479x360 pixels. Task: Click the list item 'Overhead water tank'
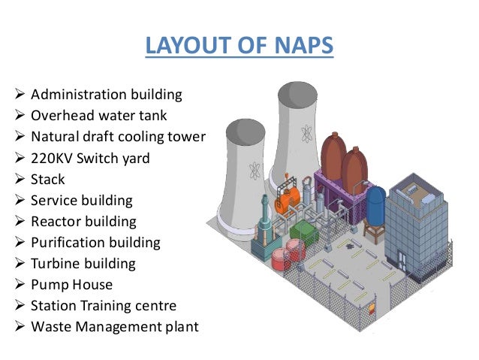[98, 116]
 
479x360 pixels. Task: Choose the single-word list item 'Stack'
[48, 180]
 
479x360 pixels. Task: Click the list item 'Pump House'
[71, 285]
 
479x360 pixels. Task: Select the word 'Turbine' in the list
[55, 264]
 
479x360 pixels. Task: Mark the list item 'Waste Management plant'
[114, 327]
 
